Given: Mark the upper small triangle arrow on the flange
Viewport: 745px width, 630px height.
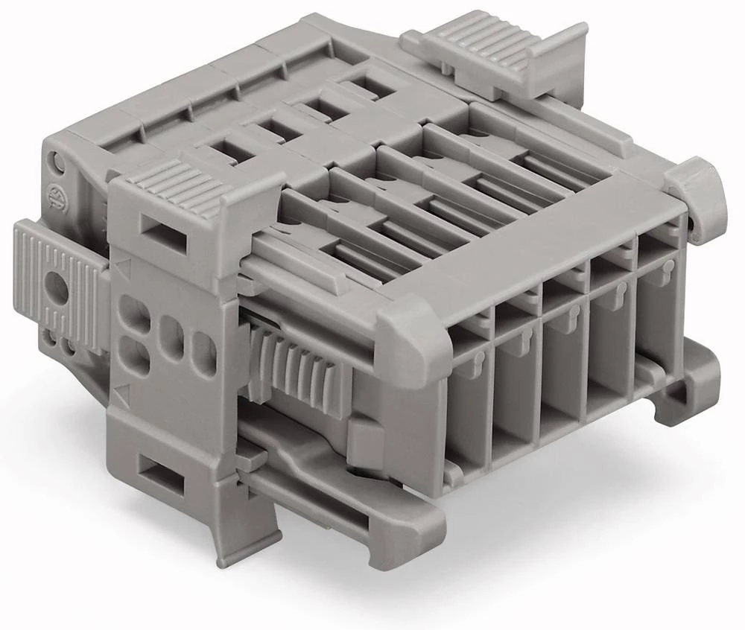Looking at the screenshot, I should click(x=122, y=265).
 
